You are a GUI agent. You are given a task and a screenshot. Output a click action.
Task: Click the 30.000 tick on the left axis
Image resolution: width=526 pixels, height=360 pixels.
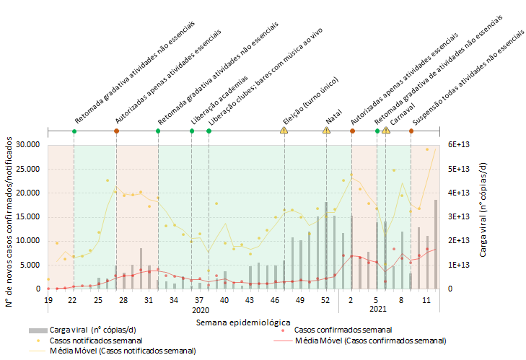[x=27, y=145]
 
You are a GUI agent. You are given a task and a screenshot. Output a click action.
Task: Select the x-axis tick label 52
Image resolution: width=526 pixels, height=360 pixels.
[x=326, y=299]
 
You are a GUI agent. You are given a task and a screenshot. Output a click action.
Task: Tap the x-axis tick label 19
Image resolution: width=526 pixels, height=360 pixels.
[x=48, y=299]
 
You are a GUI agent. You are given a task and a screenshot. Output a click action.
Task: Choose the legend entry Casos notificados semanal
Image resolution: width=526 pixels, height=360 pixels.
[x=95, y=340]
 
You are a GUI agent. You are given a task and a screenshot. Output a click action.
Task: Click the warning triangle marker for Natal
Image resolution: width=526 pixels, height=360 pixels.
[x=327, y=131]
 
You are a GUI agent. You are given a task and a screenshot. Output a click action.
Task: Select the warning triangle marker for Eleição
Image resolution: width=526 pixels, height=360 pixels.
[x=284, y=131]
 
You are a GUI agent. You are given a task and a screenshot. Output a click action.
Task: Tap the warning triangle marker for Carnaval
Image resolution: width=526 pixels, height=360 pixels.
[x=386, y=131]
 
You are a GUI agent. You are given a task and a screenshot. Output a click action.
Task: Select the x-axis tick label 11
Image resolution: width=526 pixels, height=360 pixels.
[x=427, y=299]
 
